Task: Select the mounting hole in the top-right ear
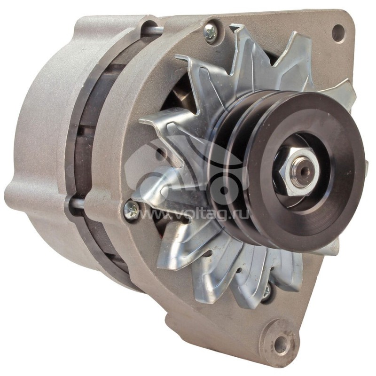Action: pyautogui.click(x=338, y=32)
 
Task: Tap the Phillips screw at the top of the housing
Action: pyautogui.click(x=211, y=32)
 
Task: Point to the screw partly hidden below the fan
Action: pyautogui.click(x=266, y=291)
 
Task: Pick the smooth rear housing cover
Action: pyautogui.click(x=38, y=141)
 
